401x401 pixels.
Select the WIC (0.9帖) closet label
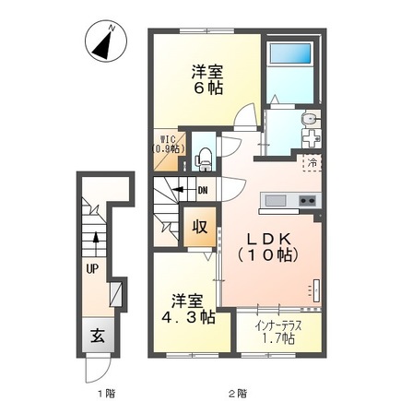[168, 144]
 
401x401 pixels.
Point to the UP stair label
[92, 269]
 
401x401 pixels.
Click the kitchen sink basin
[275, 201]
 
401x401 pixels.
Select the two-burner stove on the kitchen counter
[306, 201]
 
